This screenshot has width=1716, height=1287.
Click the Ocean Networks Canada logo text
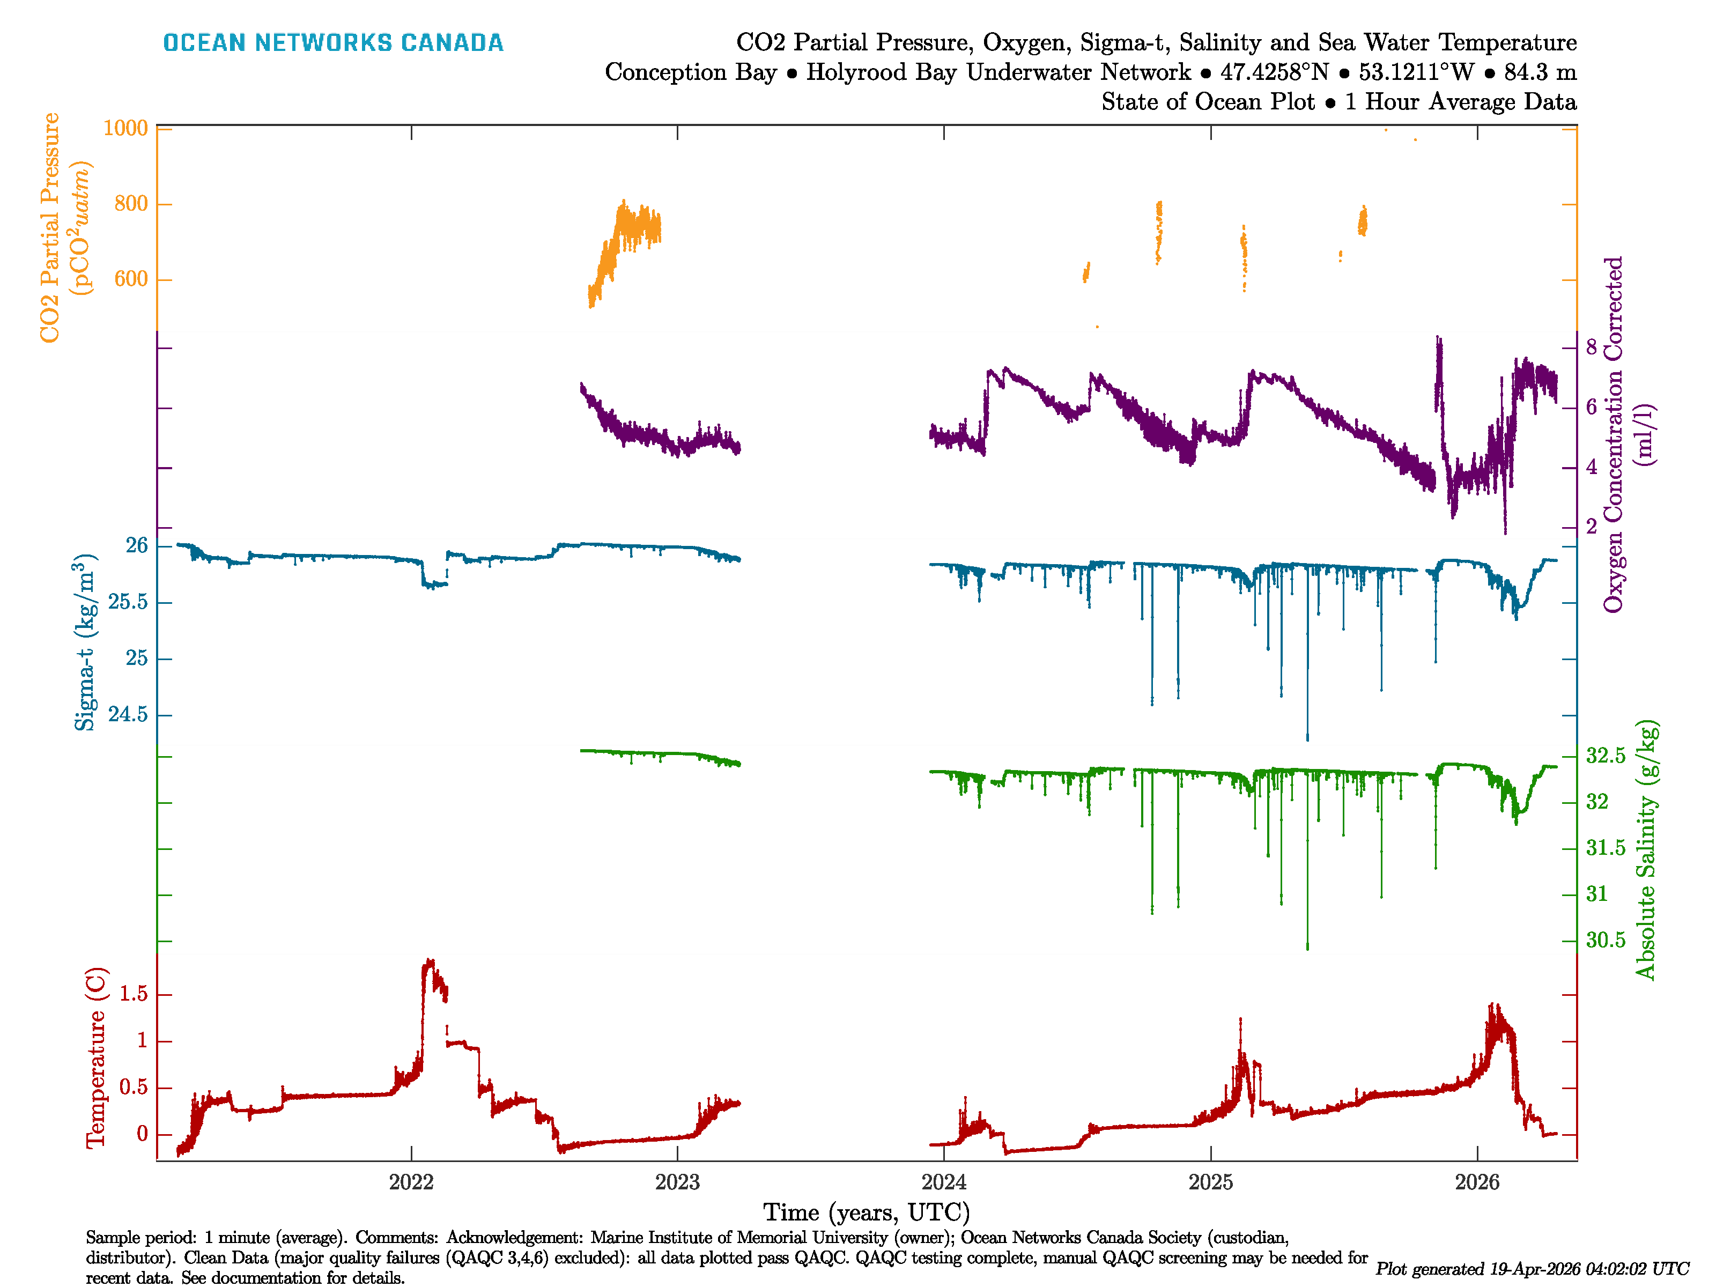[333, 43]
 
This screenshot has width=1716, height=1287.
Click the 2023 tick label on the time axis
[677, 1182]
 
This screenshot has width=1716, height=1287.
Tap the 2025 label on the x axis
[1210, 1182]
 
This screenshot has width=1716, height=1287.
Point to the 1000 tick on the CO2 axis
[125, 128]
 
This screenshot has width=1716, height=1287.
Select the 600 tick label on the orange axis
[130, 279]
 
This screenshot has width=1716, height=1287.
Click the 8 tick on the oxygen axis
[1591, 347]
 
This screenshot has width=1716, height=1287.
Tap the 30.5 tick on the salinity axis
[1605, 940]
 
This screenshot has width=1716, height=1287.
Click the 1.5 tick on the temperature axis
[134, 995]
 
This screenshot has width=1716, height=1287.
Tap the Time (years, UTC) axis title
[867, 1212]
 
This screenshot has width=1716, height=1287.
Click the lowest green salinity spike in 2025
[1307, 947]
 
